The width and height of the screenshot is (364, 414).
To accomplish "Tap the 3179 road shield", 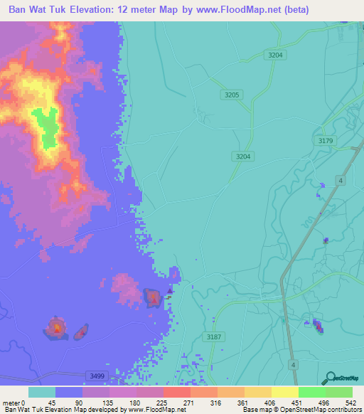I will (326, 141).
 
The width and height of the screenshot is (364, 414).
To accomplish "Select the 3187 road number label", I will (212, 336).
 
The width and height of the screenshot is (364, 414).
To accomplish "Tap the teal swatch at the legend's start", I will (42, 392).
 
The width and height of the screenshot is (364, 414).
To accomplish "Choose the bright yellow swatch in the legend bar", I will (284, 392).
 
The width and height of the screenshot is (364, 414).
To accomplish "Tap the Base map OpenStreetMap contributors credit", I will (301, 409).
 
